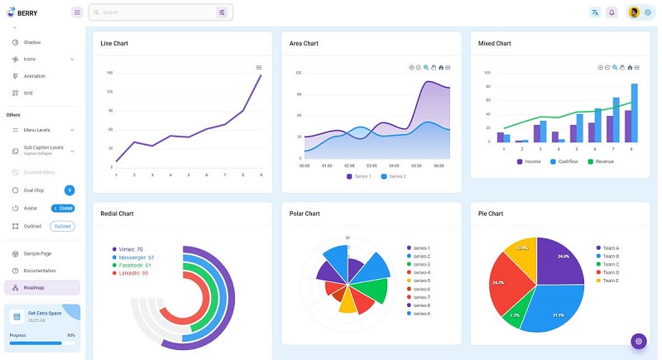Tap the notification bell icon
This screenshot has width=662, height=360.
pos(612,12)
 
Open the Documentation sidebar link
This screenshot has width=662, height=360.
pos(40,271)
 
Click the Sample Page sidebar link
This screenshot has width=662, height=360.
pos(37,253)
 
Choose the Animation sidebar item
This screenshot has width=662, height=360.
pos(34,76)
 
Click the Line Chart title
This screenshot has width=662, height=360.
pos(114,43)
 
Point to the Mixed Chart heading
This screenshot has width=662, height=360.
pos(494,43)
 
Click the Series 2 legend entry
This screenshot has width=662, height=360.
pos(397,176)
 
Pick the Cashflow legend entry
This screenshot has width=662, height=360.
pos(568,161)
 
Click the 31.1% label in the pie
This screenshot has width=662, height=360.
pos(558,314)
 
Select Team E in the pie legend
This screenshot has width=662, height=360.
pos(611,281)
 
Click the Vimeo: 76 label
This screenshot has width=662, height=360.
pos(131,249)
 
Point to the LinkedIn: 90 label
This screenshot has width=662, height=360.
pos(133,272)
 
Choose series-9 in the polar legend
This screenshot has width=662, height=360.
pos(421,314)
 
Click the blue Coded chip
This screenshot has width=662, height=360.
pos(63,209)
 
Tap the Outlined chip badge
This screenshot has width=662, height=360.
pos(62,226)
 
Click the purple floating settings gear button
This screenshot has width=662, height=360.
pos(638,341)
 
